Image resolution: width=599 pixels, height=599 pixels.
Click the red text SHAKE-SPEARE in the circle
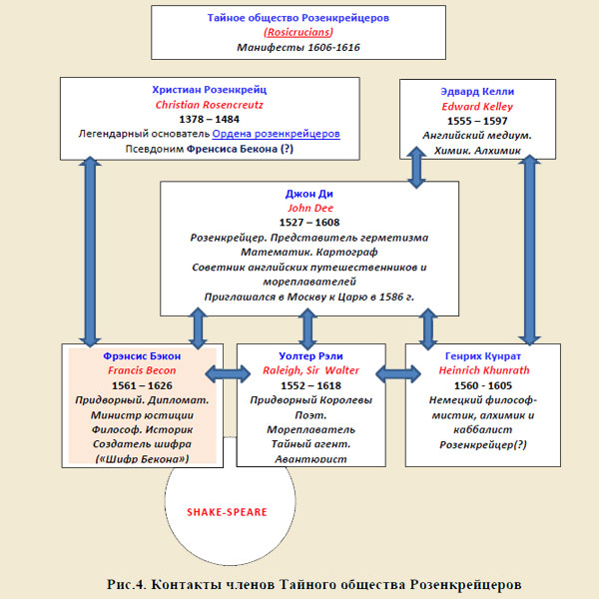227,512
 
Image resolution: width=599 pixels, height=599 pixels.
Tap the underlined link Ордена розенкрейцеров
276,134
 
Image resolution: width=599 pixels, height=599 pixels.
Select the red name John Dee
310,208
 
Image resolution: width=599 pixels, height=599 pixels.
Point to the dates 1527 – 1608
309,223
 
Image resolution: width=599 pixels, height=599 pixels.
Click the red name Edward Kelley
477,106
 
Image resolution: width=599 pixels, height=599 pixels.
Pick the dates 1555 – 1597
477,121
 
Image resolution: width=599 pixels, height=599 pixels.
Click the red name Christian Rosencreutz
210,105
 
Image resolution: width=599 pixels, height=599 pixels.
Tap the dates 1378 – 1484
210,119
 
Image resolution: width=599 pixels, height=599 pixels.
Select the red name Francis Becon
142,370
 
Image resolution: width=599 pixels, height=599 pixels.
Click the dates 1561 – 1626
142,385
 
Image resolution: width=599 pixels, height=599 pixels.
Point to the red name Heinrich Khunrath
484,370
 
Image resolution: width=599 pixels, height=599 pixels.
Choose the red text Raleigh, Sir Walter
310,370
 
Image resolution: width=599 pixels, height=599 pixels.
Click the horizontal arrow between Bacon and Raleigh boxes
228,373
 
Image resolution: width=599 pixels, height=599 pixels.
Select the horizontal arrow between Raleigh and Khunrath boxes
398,373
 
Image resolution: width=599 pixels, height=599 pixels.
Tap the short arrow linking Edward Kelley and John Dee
416,168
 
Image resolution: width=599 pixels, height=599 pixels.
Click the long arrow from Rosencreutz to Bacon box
90,252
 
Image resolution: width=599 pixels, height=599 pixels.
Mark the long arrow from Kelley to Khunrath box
529,251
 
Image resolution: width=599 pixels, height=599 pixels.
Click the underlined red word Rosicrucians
299,32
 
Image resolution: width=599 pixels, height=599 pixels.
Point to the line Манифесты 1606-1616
299,47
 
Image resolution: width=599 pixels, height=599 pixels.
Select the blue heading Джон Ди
309,194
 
